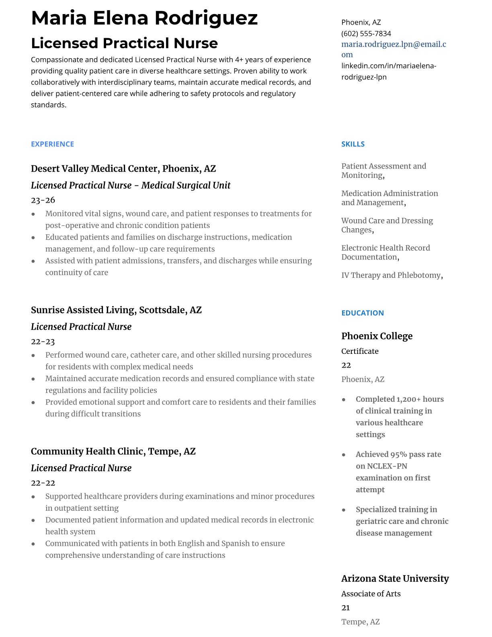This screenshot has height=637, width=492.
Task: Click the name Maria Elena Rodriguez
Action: click(x=144, y=18)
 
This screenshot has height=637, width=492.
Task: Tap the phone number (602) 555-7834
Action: click(x=366, y=33)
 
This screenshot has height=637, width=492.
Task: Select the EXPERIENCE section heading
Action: click(x=52, y=144)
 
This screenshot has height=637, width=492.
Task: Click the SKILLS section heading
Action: click(x=353, y=144)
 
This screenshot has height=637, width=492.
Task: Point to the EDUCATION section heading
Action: click(x=362, y=313)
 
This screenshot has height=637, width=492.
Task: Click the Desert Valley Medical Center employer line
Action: click(x=123, y=168)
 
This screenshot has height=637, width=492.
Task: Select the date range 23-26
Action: click(x=43, y=200)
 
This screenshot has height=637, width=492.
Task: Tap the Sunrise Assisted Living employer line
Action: click(x=116, y=310)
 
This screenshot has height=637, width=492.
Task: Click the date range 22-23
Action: click(x=43, y=341)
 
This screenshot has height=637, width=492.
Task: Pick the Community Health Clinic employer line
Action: click(x=113, y=451)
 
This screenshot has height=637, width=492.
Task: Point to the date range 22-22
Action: click(x=43, y=483)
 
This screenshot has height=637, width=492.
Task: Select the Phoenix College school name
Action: click(x=377, y=336)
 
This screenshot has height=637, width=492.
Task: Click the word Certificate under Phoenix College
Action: click(x=360, y=351)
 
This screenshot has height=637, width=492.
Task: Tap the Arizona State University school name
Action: click(x=395, y=578)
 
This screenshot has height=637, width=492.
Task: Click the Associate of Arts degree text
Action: click(x=371, y=594)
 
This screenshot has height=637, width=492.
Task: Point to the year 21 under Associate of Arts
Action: click(x=345, y=608)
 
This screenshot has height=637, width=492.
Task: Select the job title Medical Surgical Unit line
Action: click(x=130, y=185)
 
